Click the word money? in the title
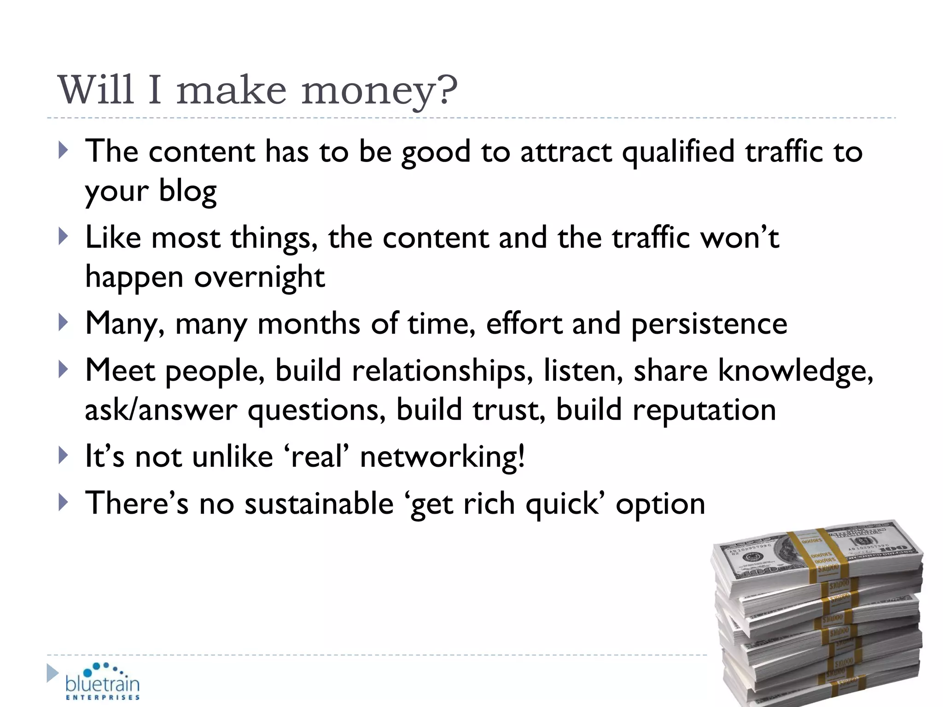[x=379, y=90]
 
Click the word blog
[x=187, y=191]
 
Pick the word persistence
[x=709, y=324]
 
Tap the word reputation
[x=704, y=410]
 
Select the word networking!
[x=442, y=457]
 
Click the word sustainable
[x=319, y=504]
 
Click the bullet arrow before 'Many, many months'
[x=64, y=323]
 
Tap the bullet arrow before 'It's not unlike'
[x=64, y=456]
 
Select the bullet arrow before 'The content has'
[x=64, y=151]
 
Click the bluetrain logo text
[x=102, y=684]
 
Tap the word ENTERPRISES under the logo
[x=102, y=697]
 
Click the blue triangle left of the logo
[x=52, y=673]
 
